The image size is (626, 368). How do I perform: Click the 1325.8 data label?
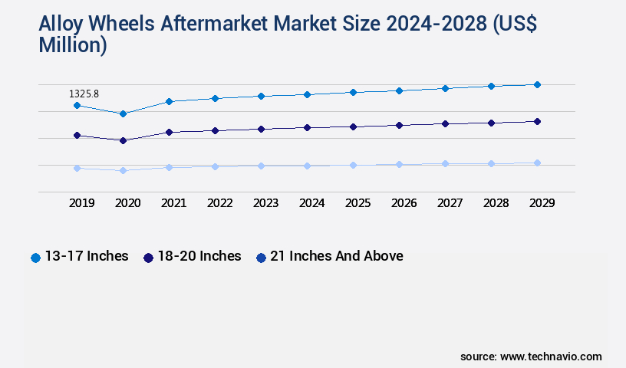(x=84, y=94)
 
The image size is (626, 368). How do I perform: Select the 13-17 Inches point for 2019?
(x=77, y=105)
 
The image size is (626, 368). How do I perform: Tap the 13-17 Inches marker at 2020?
(x=123, y=113)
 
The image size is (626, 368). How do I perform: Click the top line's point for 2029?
(x=537, y=84)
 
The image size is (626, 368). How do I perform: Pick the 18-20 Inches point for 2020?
(x=123, y=140)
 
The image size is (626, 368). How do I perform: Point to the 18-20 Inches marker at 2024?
(x=307, y=127)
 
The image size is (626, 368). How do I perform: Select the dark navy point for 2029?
(x=537, y=121)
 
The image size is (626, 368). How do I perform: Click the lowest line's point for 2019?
(x=77, y=168)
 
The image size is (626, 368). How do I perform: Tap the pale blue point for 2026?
(x=399, y=164)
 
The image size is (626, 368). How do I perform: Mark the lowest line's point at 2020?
(x=123, y=170)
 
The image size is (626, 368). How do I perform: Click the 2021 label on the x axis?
(x=173, y=203)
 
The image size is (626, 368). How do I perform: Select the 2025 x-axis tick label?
(x=357, y=203)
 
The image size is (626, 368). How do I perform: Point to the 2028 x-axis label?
(x=496, y=203)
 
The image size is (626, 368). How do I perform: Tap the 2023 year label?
(x=265, y=203)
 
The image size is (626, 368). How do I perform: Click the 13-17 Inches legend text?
(x=87, y=256)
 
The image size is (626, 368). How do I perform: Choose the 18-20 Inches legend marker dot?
(x=148, y=258)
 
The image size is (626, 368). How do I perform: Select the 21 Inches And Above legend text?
(x=336, y=256)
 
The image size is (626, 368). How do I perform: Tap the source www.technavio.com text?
(x=531, y=356)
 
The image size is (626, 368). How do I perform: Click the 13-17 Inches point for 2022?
(x=215, y=98)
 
